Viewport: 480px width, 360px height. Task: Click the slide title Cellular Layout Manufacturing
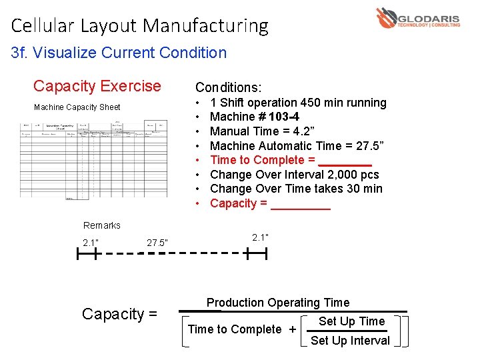tap(139, 26)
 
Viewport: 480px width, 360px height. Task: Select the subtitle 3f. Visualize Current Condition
tap(119, 53)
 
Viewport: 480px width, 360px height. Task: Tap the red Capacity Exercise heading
tap(97, 86)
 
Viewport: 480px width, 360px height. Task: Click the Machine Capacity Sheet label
tap(77, 107)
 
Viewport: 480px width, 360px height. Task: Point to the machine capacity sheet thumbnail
tap(94, 159)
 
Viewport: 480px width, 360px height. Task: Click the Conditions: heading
tap(228, 87)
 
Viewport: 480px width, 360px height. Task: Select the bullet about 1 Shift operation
tap(297, 103)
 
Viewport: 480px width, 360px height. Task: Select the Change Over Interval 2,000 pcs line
tap(294, 175)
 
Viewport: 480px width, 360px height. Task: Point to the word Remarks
tap(102, 225)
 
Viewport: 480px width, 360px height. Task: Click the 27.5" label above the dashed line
tap(157, 242)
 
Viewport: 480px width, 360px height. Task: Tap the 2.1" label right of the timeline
tap(261, 237)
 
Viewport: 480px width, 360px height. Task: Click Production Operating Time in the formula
tap(277, 303)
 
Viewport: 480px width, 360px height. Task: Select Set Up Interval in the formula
tap(350, 341)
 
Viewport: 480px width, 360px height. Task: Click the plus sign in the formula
tap(292, 329)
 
